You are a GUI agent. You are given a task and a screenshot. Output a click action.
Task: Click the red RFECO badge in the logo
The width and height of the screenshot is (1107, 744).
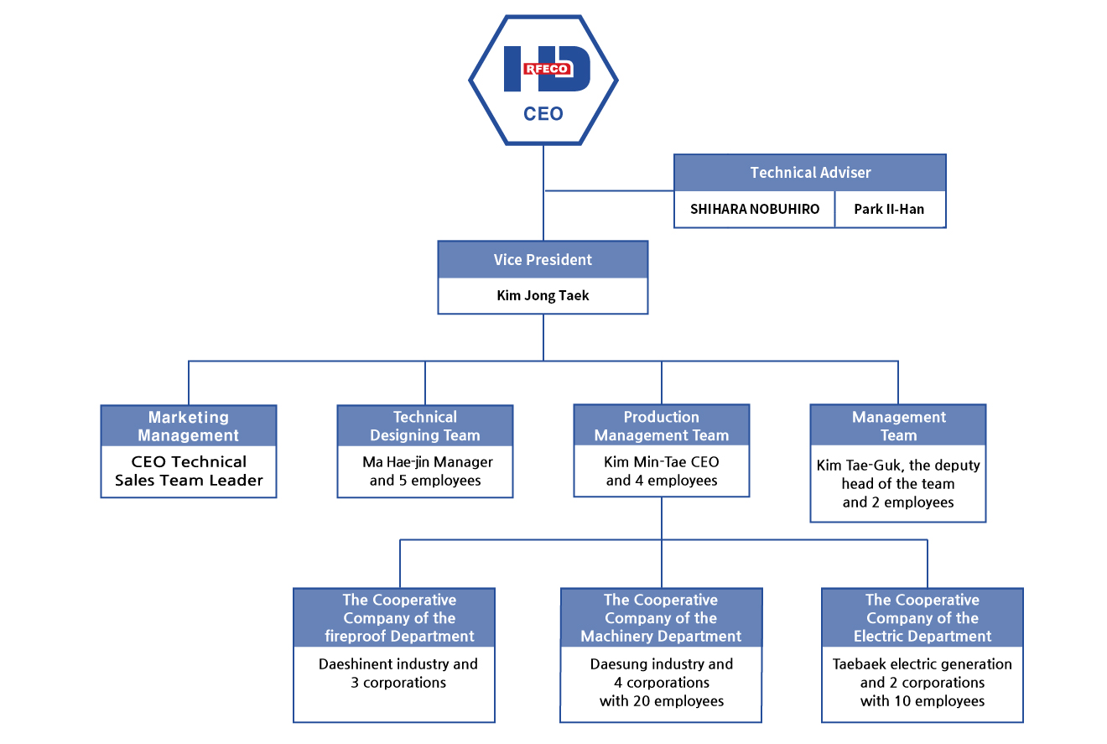(548, 69)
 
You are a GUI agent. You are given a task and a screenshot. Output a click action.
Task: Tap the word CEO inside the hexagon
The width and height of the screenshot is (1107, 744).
(543, 114)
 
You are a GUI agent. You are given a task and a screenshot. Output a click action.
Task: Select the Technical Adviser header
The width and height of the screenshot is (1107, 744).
(810, 173)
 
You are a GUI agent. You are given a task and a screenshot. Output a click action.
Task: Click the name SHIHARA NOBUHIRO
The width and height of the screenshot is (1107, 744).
(755, 209)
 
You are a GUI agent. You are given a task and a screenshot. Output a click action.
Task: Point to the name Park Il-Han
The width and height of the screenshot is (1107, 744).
(889, 209)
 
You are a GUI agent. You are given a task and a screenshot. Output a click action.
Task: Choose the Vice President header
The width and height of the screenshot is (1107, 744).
(543, 259)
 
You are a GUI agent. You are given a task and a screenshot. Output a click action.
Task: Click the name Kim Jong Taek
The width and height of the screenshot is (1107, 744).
(543, 295)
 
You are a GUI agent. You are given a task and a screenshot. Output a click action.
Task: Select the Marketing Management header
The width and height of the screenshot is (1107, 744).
(189, 425)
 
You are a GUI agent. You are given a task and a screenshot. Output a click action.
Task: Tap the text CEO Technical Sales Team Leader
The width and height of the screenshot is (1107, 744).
(189, 471)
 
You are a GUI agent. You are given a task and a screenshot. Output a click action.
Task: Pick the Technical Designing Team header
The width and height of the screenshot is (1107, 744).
(425, 425)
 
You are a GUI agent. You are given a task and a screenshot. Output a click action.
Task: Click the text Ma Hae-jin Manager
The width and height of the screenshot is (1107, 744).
(428, 461)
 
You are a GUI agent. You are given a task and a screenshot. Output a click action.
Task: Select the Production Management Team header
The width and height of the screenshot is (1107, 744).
(661, 425)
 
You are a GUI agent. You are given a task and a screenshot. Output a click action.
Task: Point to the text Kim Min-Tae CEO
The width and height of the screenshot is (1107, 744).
(661, 461)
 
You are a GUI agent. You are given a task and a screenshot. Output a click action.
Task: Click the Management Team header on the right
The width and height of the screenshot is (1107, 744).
(898, 425)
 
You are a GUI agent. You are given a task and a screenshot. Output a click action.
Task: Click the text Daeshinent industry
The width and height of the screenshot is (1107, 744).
(382, 664)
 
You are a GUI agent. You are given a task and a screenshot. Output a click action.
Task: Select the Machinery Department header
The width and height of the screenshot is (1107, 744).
(661, 617)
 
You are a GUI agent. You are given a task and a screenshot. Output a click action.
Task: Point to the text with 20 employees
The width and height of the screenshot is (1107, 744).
(662, 701)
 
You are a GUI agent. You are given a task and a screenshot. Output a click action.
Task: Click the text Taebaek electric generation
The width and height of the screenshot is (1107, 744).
(922, 664)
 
